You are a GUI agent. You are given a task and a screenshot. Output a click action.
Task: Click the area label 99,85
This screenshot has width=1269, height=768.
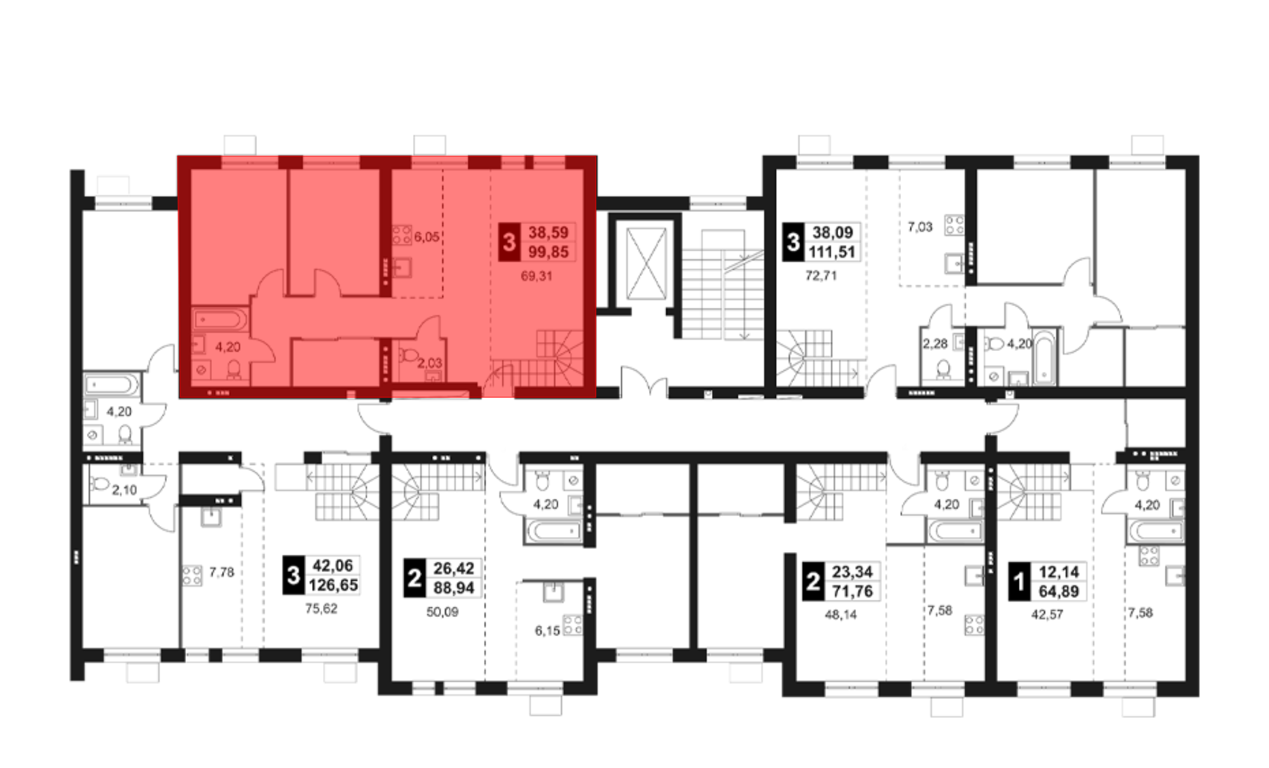click(x=548, y=252)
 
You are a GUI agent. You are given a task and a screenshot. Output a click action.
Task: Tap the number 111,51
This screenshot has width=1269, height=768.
click(x=832, y=252)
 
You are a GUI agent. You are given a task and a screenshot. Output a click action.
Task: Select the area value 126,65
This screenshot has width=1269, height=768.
click(x=333, y=585)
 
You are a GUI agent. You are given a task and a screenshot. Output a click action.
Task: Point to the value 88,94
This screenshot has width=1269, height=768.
click(x=454, y=588)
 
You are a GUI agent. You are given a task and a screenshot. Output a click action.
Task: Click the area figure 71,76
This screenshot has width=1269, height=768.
click(x=852, y=591)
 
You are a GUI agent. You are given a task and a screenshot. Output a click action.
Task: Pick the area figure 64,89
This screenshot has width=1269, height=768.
click(x=1059, y=592)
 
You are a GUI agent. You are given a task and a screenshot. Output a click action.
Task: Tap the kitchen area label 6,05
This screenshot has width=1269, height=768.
click(x=426, y=237)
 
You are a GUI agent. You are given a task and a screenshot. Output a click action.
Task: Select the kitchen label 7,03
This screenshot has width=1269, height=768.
click(x=920, y=227)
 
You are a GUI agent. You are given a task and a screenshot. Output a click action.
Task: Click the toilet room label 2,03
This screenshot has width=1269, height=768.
click(x=430, y=363)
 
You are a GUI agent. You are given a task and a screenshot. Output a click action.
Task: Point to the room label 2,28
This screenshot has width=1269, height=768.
click(x=935, y=344)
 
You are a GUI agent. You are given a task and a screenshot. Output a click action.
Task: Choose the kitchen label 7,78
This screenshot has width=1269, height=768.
click(x=221, y=573)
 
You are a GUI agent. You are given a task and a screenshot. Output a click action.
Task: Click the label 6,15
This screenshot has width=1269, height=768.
click(x=548, y=631)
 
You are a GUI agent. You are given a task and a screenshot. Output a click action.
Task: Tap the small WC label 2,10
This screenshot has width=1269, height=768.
click(x=124, y=490)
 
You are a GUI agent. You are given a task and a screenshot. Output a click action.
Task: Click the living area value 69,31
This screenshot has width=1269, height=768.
click(x=536, y=276)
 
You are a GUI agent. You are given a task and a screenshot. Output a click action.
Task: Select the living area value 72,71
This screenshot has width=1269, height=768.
click(x=821, y=276)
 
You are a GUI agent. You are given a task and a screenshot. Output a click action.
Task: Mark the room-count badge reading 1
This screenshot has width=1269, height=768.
click(x=1019, y=581)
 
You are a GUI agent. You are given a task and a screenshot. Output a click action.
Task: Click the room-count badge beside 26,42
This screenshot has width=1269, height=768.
click(x=414, y=578)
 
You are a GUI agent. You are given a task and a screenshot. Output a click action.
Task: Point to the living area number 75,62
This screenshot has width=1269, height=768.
click(x=321, y=609)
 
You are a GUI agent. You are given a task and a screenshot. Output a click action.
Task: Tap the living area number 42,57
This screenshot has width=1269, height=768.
click(x=1047, y=614)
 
